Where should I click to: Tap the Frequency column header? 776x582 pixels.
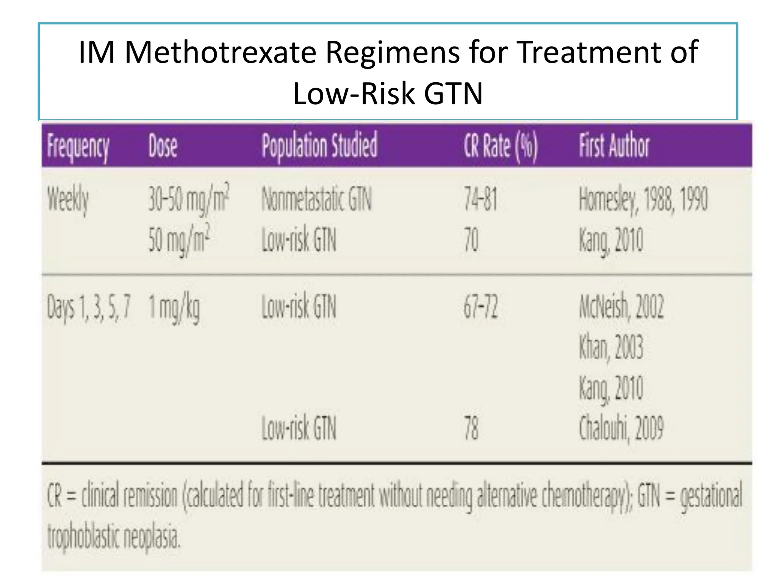(78, 146)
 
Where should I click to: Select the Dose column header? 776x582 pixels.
(163, 146)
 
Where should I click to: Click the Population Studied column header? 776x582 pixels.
(319, 145)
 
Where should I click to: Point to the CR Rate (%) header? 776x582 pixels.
(501, 146)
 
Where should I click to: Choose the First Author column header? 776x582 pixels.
(614, 145)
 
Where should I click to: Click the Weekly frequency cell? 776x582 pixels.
(68, 200)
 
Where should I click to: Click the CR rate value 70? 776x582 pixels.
(471, 240)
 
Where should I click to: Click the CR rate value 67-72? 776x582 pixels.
(480, 307)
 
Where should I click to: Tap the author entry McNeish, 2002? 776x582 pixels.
(621, 307)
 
